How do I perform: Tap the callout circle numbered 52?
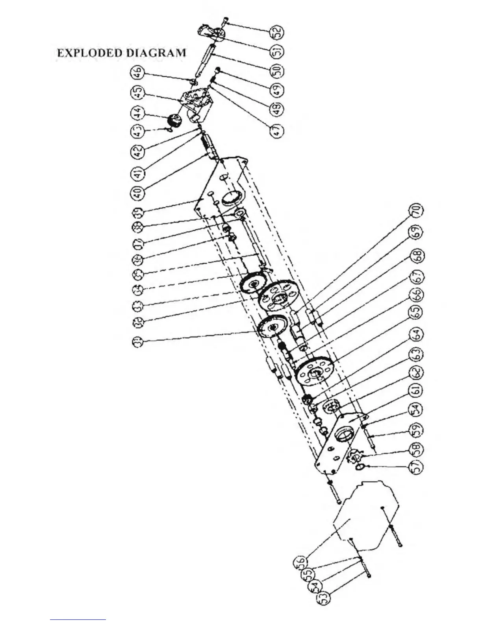click(x=277, y=31)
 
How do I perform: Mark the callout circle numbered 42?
click(x=137, y=153)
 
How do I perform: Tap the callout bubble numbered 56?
click(x=299, y=561)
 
